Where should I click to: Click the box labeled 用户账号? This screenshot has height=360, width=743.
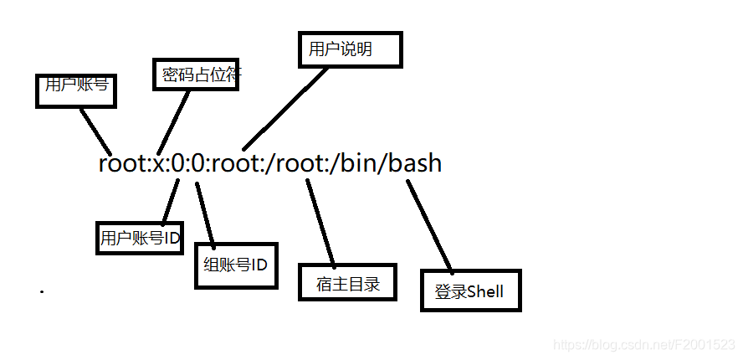pyautogui.click(x=74, y=90)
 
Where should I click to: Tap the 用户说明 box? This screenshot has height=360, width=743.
pyautogui.click(x=350, y=50)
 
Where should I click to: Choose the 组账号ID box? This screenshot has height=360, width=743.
pyautogui.click(x=235, y=265)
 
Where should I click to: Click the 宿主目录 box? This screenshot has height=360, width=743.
pyautogui.click(x=347, y=282)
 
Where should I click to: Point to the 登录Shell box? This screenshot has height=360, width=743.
pyautogui.click(x=470, y=291)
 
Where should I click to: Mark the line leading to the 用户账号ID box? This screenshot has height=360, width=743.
pyautogui.click(x=170, y=201)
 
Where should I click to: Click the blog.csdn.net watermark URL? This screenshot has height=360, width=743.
pyautogui.click(x=645, y=345)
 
